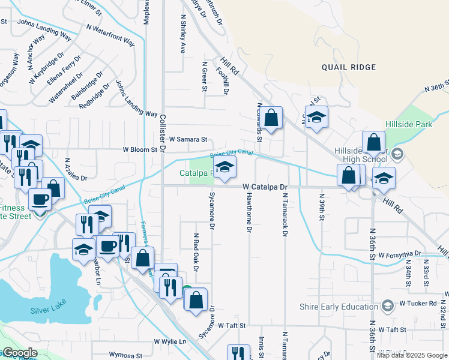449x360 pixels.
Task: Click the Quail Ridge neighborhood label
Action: tap(348, 67)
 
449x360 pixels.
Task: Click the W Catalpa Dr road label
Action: tap(266, 187)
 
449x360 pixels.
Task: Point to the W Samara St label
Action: tap(187, 140)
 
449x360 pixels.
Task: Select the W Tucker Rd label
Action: tap(418, 304)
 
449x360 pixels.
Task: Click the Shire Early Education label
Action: tap(339, 307)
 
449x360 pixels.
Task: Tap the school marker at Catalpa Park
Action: tap(225, 168)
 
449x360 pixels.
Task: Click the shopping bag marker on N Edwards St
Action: tap(271, 118)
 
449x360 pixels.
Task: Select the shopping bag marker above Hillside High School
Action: tap(373, 142)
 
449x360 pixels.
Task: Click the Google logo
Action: tap(19, 353)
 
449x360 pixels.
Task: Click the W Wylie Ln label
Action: tap(170, 341)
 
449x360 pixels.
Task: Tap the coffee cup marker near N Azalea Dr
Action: tap(40, 199)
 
